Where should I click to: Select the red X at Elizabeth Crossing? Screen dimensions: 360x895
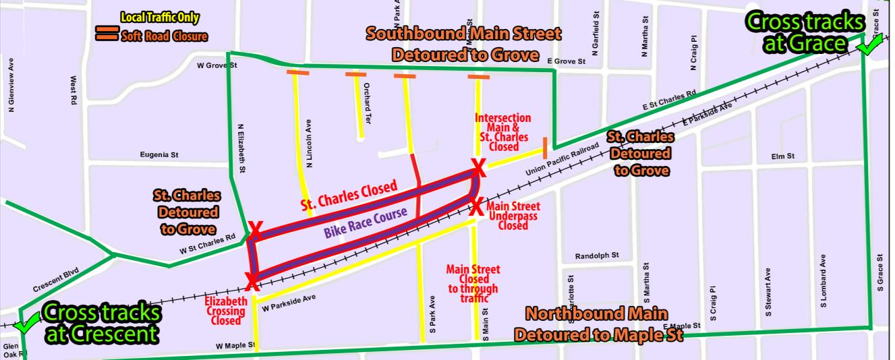252,281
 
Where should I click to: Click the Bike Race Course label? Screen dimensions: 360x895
366,224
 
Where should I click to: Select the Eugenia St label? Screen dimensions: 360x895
159,154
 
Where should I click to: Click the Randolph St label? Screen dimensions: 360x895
597,256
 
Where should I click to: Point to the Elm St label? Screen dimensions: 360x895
783,156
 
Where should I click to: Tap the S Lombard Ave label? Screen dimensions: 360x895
824,281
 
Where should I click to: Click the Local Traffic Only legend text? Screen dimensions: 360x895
160,18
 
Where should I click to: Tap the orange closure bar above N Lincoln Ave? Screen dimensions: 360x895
297,72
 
